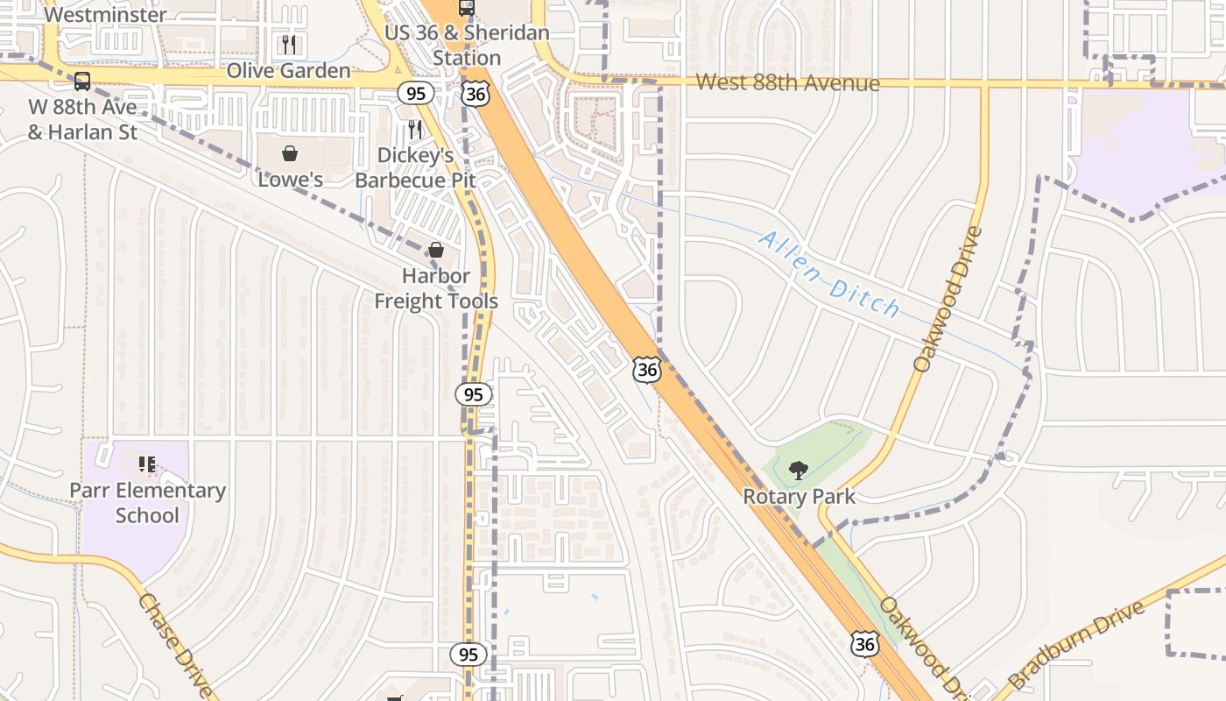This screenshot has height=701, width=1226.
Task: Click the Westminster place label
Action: pyautogui.click(x=104, y=14)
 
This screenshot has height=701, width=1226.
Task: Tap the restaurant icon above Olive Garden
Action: pyautogui.click(x=289, y=44)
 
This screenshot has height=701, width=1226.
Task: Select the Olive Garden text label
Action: pyautogui.click(x=288, y=71)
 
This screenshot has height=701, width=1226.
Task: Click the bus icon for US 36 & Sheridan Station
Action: pyautogui.click(x=467, y=8)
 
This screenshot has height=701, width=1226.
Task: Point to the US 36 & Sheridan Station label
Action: pyautogui.click(x=467, y=46)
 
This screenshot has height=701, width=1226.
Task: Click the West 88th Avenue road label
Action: pyautogui.click(x=787, y=82)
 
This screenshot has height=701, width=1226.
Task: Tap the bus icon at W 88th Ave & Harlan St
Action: pyautogui.click(x=82, y=81)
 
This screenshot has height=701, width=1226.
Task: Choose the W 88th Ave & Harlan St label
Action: pyautogui.click(x=82, y=120)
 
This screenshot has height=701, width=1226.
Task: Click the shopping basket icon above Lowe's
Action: pyautogui.click(x=290, y=154)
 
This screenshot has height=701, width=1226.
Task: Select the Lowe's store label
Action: pyautogui.click(x=290, y=180)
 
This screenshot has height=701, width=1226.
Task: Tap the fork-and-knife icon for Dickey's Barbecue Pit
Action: pyautogui.click(x=415, y=130)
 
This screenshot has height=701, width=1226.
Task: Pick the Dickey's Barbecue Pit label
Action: pyautogui.click(x=415, y=167)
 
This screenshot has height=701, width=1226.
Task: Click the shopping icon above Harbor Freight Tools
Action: pyautogui.click(x=435, y=251)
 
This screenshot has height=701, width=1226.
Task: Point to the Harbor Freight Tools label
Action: pyautogui.click(x=436, y=288)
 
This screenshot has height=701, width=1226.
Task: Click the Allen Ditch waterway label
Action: pyautogui.click(x=828, y=273)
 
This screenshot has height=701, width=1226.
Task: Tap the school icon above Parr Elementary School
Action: pyautogui.click(x=147, y=464)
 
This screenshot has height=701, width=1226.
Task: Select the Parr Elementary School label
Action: pyautogui.click(x=147, y=503)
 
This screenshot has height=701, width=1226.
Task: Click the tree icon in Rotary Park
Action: pyautogui.click(x=798, y=471)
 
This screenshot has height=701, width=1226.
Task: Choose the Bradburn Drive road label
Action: pyautogui.click(x=1076, y=645)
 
